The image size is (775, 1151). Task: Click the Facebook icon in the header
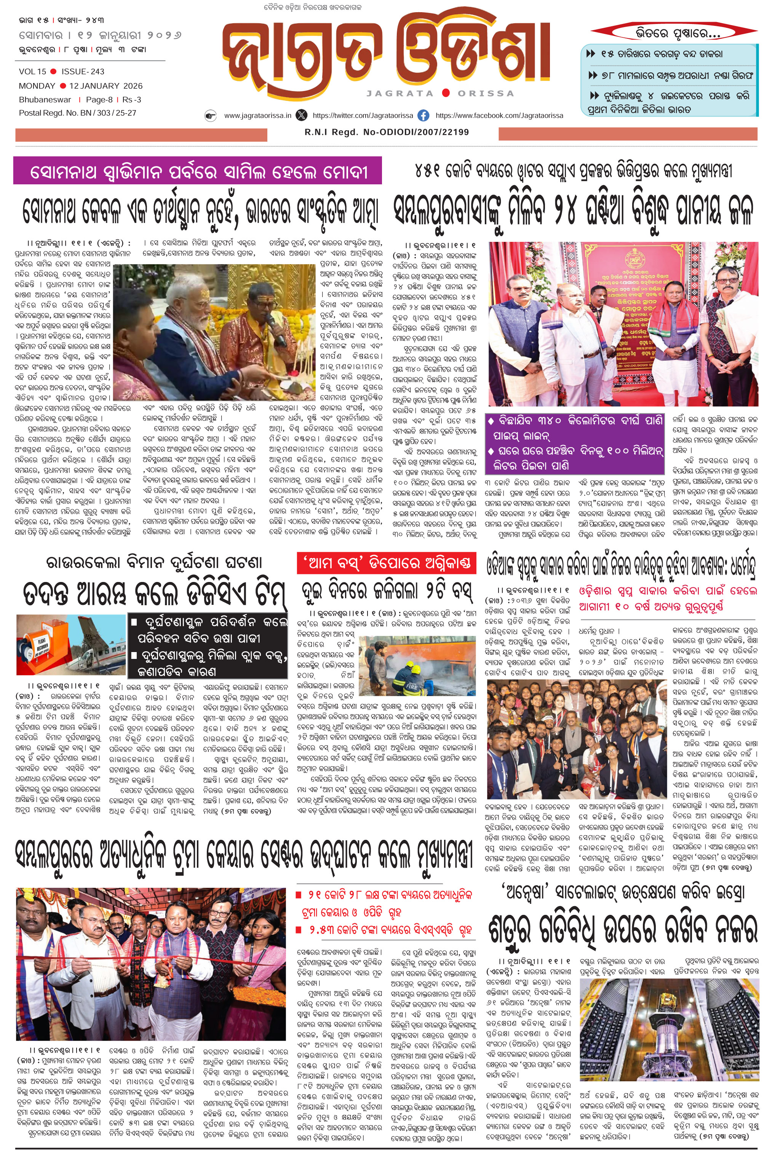pos(423,116)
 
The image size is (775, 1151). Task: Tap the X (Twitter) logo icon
pos(301,116)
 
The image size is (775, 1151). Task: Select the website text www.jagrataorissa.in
pos(257,116)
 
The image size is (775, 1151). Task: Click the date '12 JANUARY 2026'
pos(106,85)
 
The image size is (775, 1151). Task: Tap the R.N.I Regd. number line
pos(387,132)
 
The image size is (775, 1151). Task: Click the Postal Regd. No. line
pos(78,113)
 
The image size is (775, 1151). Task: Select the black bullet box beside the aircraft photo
pos(208,646)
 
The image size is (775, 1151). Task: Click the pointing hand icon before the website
pos(211,116)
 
